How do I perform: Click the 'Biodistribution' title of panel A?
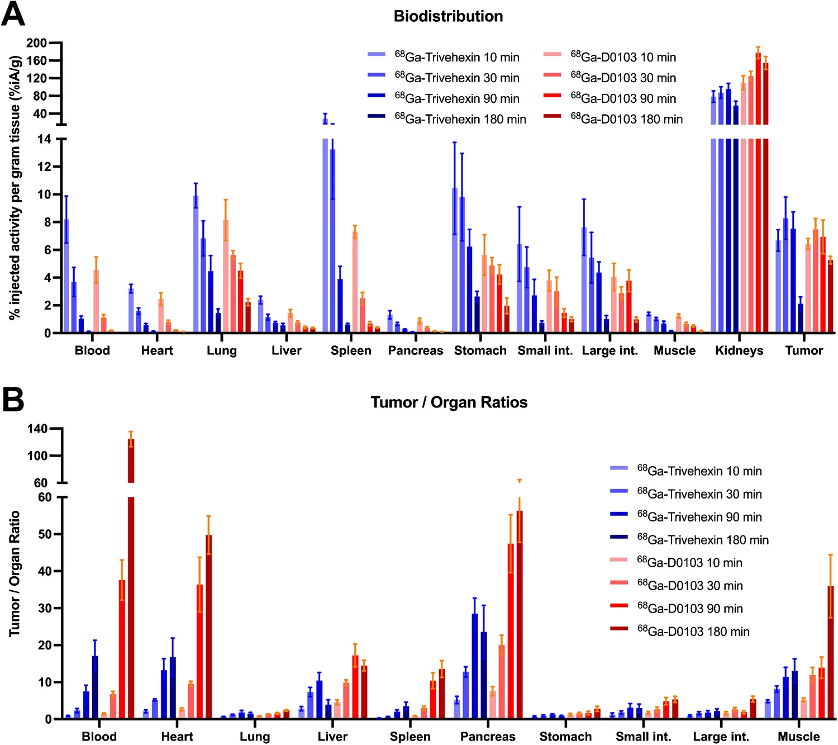(448, 16)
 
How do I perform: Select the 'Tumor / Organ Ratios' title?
(449, 402)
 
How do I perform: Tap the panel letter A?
(13, 15)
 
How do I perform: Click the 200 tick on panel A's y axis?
(36, 43)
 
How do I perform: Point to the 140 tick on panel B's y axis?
(37, 429)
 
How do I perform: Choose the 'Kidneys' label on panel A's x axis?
(739, 350)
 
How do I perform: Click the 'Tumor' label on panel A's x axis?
(804, 350)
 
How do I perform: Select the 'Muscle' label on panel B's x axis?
(798, 737)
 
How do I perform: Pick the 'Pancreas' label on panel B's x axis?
(488, 737)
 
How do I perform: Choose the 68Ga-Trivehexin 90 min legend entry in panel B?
(699, 517)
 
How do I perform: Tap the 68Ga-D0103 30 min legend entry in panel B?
(690, 586)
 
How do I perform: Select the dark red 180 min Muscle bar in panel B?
(831, 654)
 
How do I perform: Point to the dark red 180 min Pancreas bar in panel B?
(520, 615)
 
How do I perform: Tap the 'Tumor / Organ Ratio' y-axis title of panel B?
(15, 573)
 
